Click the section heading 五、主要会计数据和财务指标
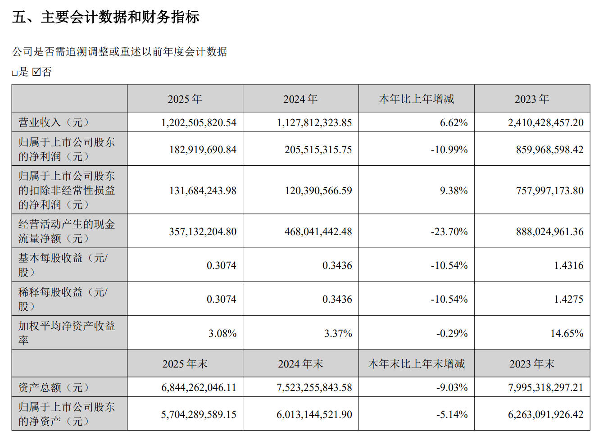[106, 17]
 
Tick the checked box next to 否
[36, 72]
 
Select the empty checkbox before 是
[14, 73]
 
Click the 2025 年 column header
[185, 99]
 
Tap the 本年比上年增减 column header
[416, 99]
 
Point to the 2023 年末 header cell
[531, 364]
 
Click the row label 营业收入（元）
[54, 123]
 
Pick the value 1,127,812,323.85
[314, 123]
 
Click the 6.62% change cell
[454, 123]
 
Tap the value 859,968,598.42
[549, 150]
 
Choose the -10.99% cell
[449, 150]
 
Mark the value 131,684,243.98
[203, 191]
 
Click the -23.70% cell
[449, 232]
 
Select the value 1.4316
[568, 265]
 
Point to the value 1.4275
[568, 299]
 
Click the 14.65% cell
[567, 333]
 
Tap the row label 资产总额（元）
[54, 387]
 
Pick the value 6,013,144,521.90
[314, 414]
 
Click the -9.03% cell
[452, 387]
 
